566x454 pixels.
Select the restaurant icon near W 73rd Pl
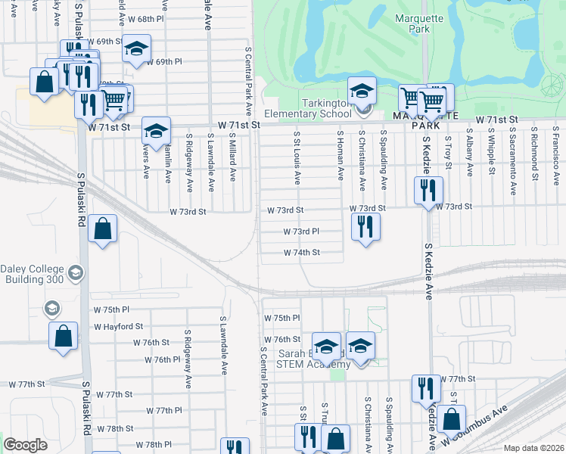click(365, 226)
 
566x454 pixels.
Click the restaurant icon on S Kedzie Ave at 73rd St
click(428, 191)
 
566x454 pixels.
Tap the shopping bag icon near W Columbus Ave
click(451, 418)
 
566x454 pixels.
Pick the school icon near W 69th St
click(136, 49)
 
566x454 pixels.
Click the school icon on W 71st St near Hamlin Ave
click(157, 131)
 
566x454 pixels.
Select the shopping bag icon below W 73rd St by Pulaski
click(102, 229)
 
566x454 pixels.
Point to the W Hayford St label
click(118, 326)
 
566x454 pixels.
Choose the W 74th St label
click(302, 253)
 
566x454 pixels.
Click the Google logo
click(25, 445)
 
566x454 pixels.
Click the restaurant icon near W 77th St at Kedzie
click(426, 389)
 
